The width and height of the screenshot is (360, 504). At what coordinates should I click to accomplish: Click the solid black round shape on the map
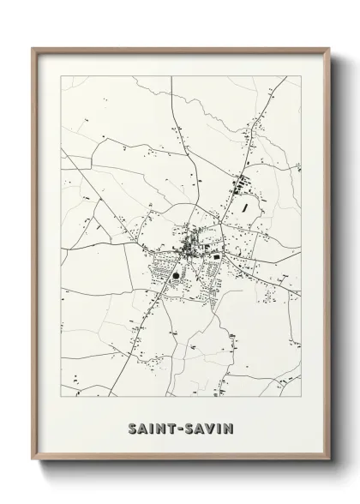177,276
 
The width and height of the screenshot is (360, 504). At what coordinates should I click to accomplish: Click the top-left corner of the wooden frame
33,49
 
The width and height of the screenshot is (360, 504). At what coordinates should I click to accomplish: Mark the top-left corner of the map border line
61,76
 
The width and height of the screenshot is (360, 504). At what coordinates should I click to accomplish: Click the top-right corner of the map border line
301,76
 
